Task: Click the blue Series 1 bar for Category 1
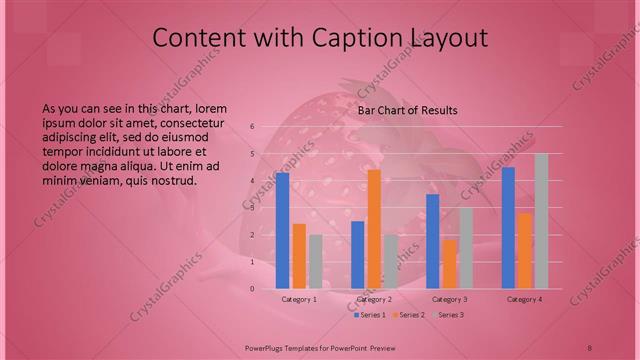click(283, 230)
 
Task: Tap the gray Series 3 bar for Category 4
click(541, 221)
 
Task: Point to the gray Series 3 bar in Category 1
click(316, 262)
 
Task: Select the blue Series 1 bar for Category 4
click(509, 228)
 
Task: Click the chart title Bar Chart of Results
click(408, 110)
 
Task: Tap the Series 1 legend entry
click(372, 315)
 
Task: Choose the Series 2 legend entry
click(411, 315)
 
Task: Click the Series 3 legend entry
click(450, 315)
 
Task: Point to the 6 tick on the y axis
click(253, 126)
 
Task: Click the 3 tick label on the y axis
click(253, 208)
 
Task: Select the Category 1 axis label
click(299, 299)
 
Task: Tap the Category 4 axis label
click(524, 299)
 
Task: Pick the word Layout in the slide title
click(447, 39)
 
